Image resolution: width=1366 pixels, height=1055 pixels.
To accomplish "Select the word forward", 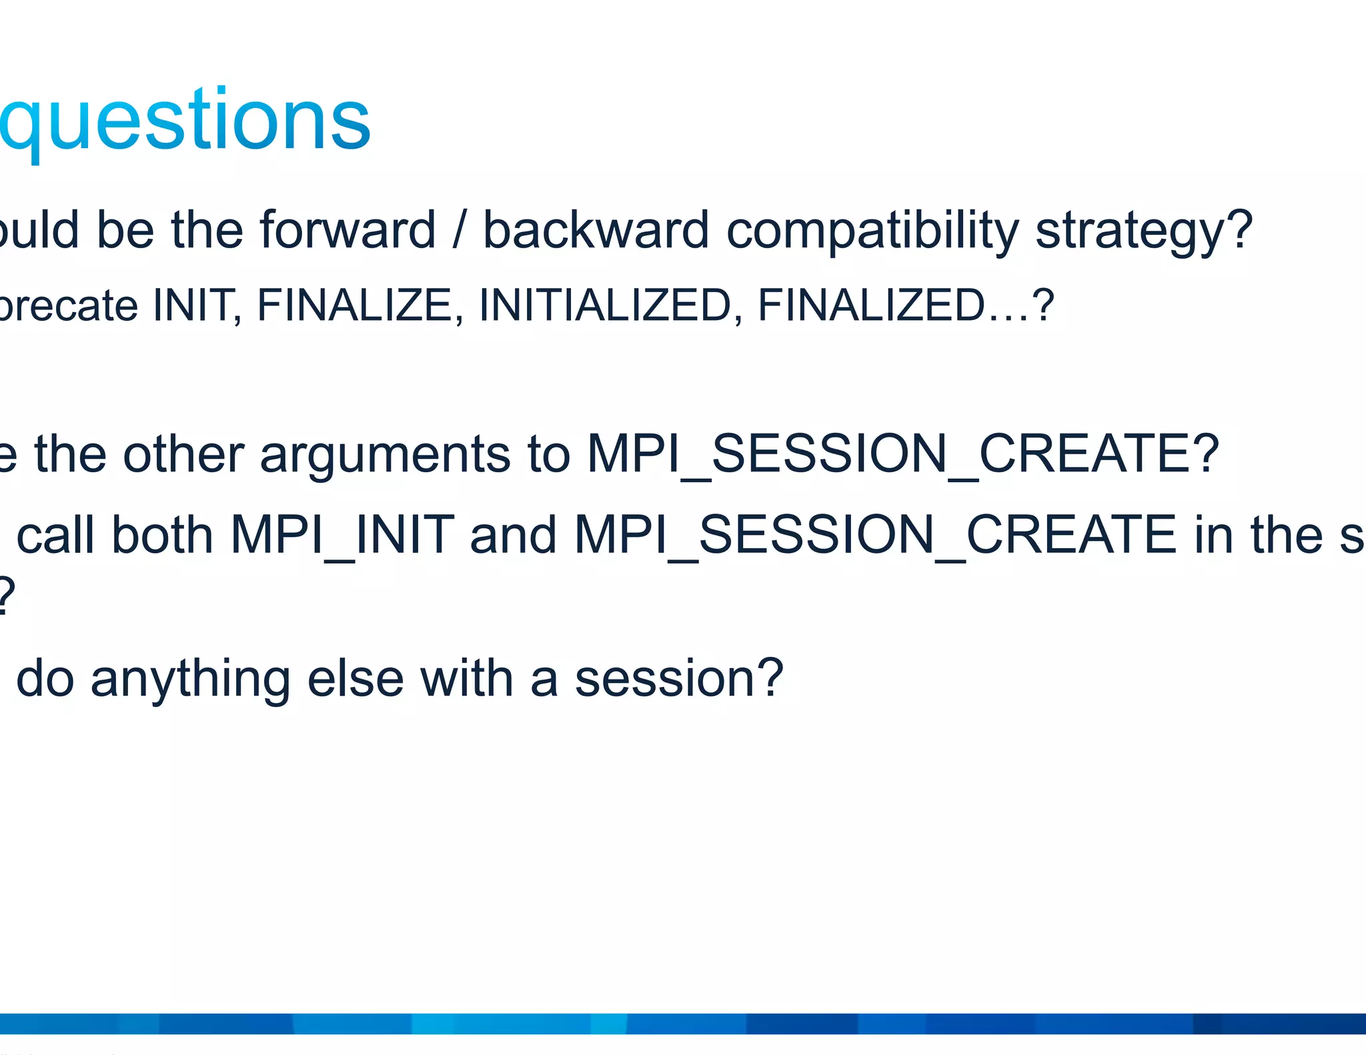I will point(347,231).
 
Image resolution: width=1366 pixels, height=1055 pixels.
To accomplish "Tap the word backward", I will point(596,231).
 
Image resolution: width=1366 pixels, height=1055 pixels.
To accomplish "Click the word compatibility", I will point(872,231).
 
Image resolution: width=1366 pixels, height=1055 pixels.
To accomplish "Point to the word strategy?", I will point(1143,231).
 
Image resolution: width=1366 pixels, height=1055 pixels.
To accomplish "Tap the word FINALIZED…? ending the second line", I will point(906,305).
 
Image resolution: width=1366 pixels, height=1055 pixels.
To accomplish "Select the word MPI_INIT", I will point(341,536).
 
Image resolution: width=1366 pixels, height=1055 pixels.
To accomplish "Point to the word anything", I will point(190,679).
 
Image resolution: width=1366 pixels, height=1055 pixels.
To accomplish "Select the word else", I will point(356,679).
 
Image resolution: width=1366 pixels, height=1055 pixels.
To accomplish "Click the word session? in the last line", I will point(678,679).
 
